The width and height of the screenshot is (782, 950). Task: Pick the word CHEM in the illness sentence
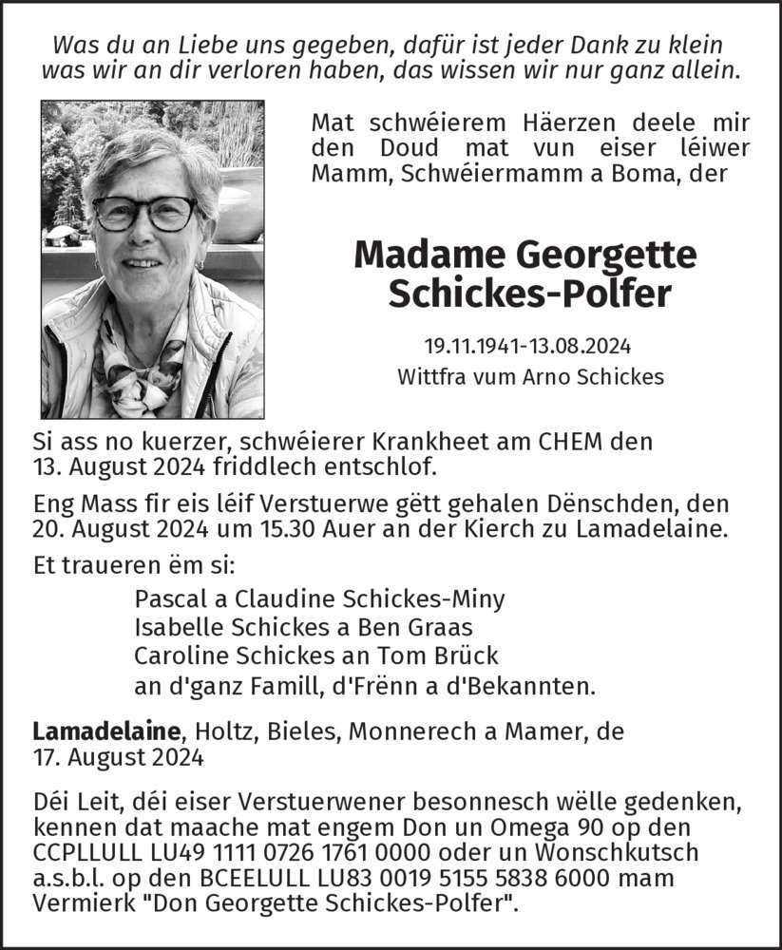(569, 441)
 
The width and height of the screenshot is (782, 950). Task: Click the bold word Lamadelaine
(106, 731)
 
